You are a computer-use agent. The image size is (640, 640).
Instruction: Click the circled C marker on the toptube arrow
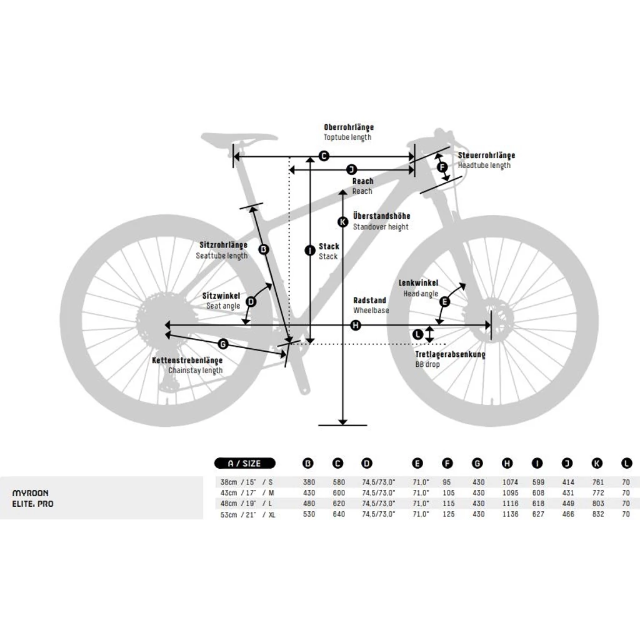tap(324, 156)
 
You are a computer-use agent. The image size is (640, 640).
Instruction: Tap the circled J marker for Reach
tap(351, 170)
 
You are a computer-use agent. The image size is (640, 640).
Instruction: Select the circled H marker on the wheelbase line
tap(356, 325)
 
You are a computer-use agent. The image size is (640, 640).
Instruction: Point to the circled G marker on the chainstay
tap(223, 344)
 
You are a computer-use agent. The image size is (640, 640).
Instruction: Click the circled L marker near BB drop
tap(417, 335)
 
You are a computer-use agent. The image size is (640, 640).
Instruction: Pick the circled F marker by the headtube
tap(442, 166)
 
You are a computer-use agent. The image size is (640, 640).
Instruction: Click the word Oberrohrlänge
tap(349, 127)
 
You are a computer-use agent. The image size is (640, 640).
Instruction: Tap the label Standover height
tap(381, 227)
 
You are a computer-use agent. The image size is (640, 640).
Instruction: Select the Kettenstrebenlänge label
tap(187, 361)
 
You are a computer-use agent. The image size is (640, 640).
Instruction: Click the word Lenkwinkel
tap(418, 283)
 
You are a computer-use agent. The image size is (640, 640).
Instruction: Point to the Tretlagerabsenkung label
tap(450, 354)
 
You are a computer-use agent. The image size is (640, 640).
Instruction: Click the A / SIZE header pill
tap(245, 463)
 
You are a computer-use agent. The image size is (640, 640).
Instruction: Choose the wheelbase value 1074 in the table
tap(510, 482)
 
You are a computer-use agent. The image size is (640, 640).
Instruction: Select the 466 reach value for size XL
tap(567, 514)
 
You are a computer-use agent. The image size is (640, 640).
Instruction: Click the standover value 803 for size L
tap(598, 504)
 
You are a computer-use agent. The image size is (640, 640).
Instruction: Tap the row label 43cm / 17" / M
tap(247, 493)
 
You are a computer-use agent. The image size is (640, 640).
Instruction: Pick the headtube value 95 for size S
tap(446, 482)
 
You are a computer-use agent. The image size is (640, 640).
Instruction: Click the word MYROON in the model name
tap(31, 493)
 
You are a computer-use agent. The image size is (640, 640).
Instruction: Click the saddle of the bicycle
tap(239, 138)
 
